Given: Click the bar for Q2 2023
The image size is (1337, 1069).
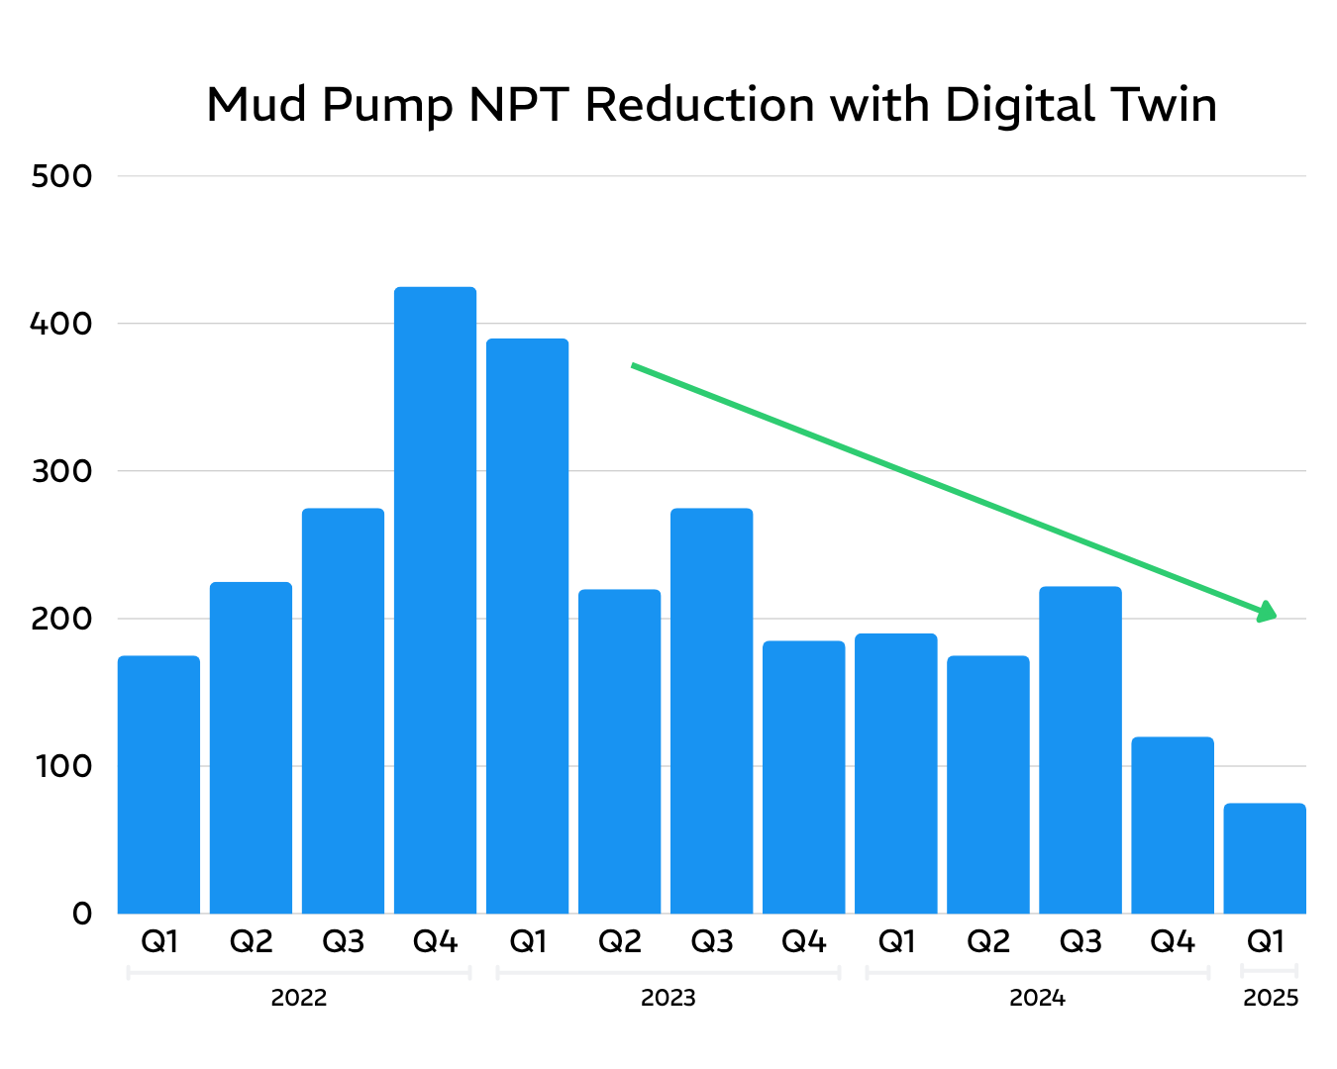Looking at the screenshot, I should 619,751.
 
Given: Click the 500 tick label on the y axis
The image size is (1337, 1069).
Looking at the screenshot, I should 61,177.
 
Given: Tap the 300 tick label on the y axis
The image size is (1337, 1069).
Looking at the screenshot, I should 61,471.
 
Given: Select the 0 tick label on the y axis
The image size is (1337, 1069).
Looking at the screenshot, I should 81,914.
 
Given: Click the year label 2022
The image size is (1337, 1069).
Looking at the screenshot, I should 298,998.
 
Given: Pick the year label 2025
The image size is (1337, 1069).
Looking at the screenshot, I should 1270,998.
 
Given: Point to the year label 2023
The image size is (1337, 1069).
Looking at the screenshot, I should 668,998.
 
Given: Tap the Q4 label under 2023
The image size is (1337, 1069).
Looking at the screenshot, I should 803,941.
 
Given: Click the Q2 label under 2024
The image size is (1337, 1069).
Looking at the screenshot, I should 987,941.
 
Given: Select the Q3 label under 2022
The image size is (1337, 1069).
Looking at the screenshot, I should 343,941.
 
